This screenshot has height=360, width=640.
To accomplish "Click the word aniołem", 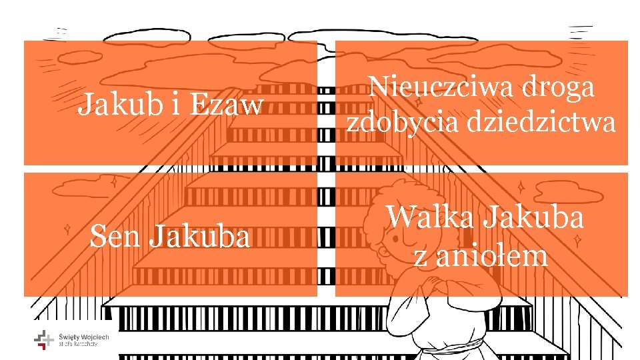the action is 492,255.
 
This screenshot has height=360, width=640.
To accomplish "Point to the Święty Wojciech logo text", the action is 84,340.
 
